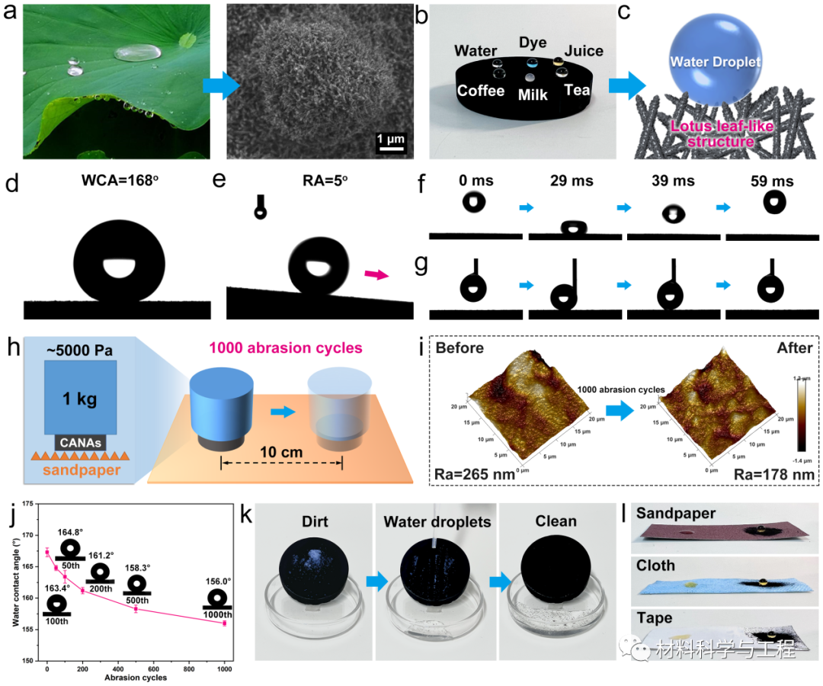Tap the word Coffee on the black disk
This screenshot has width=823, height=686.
point(481,91)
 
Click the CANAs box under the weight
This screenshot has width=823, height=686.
point(80,442)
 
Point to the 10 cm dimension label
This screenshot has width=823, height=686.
point(281,452)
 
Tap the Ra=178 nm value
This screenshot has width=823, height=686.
point(773,474)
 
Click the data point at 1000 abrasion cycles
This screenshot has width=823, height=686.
point(225,623)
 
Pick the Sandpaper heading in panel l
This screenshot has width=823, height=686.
point(676,513)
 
